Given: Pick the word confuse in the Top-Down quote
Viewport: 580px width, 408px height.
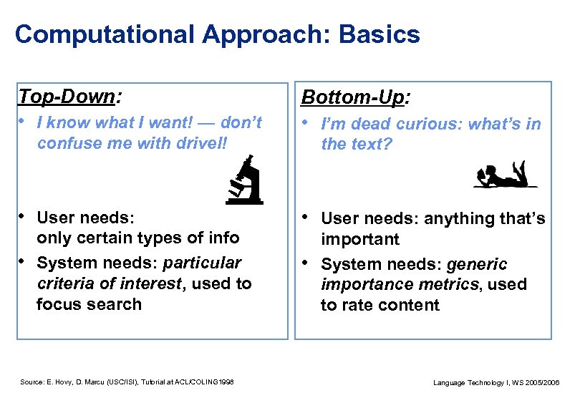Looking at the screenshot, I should [x=65, y=143].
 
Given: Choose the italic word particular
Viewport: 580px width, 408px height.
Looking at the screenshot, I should [x=203, y=263].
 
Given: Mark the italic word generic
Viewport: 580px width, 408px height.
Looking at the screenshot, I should [x=477, y=264].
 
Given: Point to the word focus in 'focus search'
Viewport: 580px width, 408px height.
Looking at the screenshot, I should [x=59, y=304].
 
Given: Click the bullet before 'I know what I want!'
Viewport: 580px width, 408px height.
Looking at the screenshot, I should [x=22, y=122].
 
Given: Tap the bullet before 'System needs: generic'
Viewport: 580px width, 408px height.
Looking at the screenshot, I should [x=307, y=263].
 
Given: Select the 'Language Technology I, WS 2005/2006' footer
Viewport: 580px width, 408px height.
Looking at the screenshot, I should [x=496, y=383].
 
